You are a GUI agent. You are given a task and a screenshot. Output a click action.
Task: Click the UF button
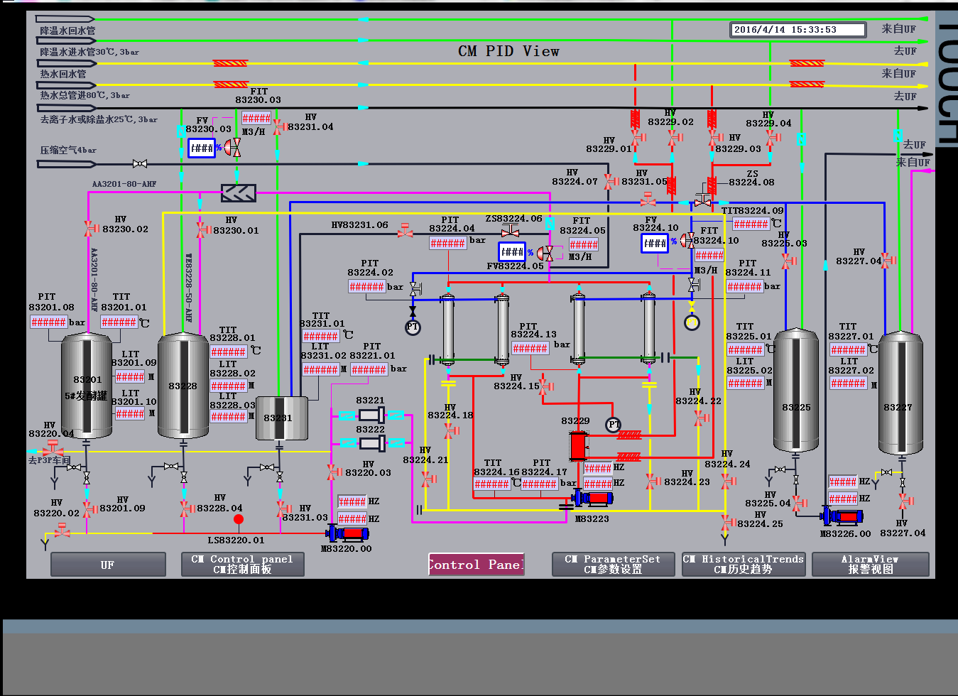(x=108, y=565)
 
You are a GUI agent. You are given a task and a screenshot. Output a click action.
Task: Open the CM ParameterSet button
(x=613, y=565)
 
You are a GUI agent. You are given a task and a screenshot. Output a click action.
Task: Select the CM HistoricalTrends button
(x=743, y=565)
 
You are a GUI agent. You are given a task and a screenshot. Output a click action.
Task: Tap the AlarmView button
(x=870, y=565)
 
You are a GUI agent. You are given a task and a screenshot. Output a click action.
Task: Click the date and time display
(x=798, y=30)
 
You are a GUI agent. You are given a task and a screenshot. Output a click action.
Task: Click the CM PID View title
(x=508, y=51)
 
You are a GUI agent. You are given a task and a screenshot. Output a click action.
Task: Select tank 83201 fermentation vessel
(x=87, y=386)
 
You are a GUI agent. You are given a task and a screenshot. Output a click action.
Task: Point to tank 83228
(x=183, y=386)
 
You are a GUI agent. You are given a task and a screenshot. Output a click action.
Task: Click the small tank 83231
(x=281, y=418)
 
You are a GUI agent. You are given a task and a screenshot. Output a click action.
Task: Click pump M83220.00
(x=347, y=533)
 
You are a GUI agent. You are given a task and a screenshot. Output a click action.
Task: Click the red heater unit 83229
(x=579, y=446)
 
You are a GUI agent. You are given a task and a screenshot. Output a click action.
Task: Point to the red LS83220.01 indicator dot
(x=239, y=519)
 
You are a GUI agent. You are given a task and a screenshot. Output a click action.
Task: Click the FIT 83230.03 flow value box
(x=256, y=118)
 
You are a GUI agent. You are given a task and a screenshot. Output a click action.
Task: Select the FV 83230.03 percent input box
(x=201, y=148)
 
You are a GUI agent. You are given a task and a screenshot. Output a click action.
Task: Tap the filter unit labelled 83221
(x=371, y=415)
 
